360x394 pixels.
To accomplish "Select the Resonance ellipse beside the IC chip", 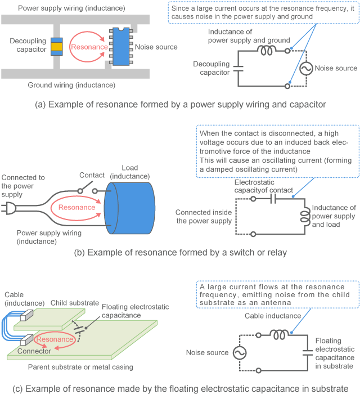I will pyautogui.click(x=88, y=47).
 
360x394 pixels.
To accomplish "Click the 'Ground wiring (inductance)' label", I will pyautogui.click(x=71, y=86).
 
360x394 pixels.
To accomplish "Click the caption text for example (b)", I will pyautogui.click(x=180, y=253).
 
